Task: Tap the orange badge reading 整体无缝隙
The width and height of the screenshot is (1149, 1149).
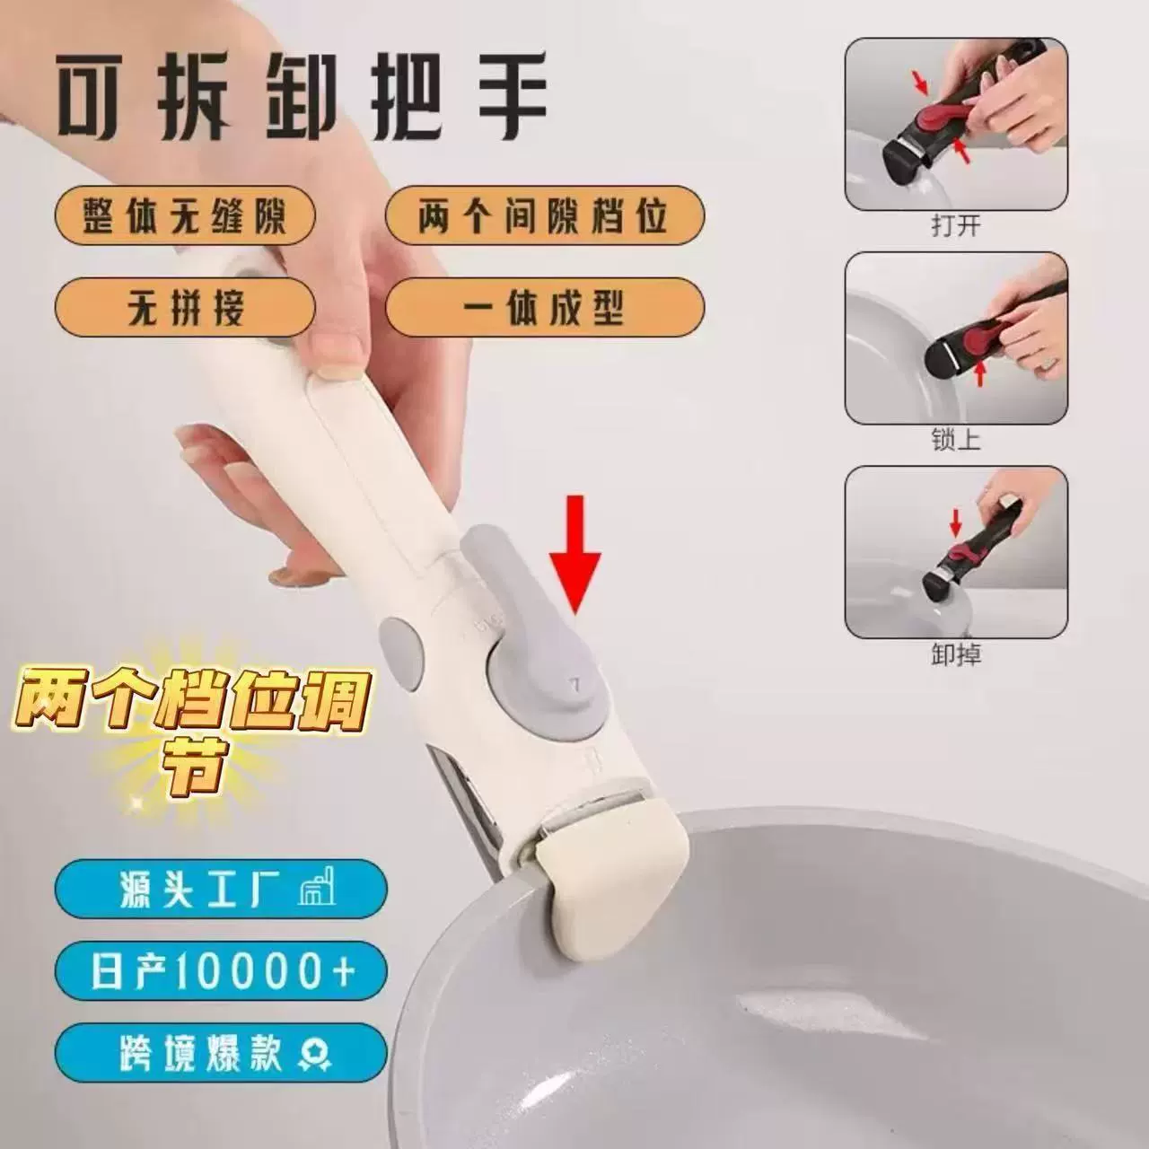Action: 185,217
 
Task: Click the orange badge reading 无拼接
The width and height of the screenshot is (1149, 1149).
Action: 185,310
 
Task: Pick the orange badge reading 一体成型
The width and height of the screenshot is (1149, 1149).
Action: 545,310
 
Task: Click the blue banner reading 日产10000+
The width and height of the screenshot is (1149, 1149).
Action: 221,974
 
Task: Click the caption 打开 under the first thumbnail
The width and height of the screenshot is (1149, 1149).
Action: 956,226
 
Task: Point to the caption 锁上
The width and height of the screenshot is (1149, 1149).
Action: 956,442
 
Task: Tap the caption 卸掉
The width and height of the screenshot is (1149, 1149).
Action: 956,655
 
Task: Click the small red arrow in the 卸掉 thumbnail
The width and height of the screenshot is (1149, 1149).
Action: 956,523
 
